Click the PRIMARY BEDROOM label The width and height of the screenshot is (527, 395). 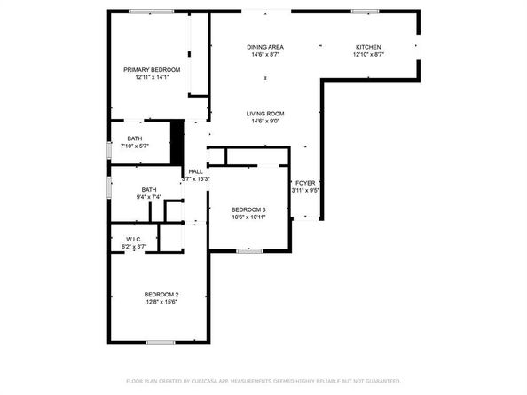click(x=152, y=69)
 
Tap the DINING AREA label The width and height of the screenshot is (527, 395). click(x=264, y=46)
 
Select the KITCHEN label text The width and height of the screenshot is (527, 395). click(x=368, y=46)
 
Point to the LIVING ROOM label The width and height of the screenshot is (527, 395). click(x=264, y=114)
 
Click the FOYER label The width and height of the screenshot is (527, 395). click(x=304, y=182)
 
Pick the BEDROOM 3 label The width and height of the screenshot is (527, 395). click(x=248, y=209)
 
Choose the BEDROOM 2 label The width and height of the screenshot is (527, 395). click(x=162, y=295)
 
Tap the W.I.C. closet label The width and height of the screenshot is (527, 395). click(x=134, y=239)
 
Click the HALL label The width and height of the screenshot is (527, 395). click(x=195, y=171)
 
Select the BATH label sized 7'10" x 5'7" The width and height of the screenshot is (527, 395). click(x=134, y=138)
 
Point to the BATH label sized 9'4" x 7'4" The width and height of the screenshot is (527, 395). click(x=149, y=188)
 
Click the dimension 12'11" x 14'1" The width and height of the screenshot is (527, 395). click(x=152, y=78)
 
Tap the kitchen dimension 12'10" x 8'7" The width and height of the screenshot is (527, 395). click(x=368, y=54)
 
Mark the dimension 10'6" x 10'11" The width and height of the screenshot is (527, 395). click(x=248, y=217)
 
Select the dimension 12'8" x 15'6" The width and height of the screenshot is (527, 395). click(x=162, y=303)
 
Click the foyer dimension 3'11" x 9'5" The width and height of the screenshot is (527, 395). click(x=304, y=190)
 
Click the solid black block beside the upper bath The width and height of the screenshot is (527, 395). click(x=177, y=141)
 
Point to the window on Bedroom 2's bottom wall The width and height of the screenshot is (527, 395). click(x=160, y=343)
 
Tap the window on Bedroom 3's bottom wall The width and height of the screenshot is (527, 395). click(x=249, y=251)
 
